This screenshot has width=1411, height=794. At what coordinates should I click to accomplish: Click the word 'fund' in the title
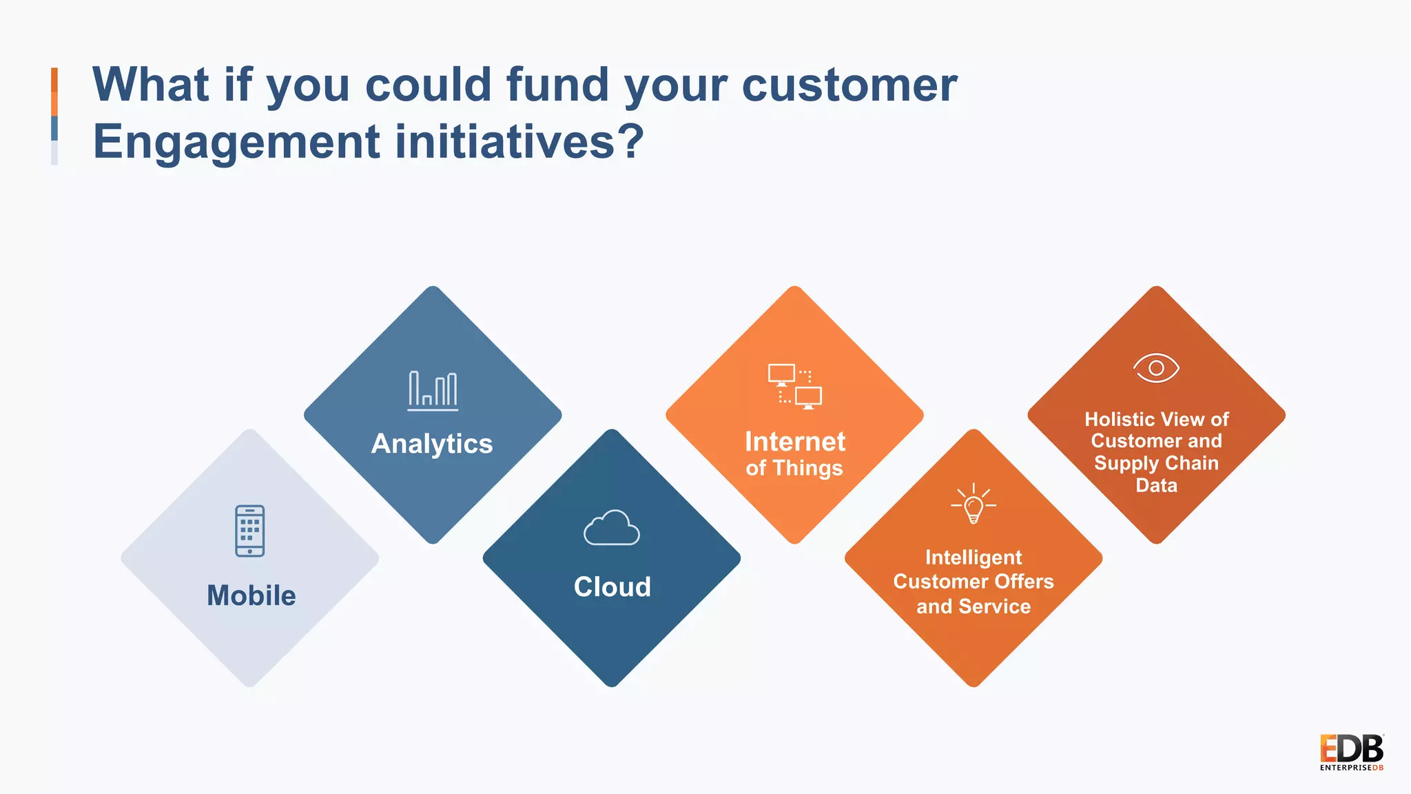click(557, 85)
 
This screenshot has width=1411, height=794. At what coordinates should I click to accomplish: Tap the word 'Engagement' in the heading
click(236, 142)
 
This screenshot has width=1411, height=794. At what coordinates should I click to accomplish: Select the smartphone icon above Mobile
click(249, 531)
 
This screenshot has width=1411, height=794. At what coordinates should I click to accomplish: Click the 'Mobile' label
click(251, 595)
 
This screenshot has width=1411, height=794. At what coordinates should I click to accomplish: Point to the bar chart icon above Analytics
click(433, 391)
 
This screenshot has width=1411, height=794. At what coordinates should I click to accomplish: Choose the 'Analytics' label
click(432, 444)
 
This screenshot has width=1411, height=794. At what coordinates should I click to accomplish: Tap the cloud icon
click(612, 528)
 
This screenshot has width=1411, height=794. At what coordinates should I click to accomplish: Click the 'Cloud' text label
click(612, 587)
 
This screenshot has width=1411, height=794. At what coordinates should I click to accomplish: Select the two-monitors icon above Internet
click(794, 387)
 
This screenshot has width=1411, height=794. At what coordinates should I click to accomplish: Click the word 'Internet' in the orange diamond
click(795, 442)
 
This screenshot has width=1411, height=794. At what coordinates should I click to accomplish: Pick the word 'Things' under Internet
click(807, 469)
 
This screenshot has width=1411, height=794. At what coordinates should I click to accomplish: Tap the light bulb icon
click(974, 504)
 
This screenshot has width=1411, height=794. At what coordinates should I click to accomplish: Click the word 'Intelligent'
click(974, 558)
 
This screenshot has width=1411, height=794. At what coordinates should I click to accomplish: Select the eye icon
click(1156, 368)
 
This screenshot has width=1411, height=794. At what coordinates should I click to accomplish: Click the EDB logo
click(1351, 752)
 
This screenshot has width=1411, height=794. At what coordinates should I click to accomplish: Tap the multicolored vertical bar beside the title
click(54, 116)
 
